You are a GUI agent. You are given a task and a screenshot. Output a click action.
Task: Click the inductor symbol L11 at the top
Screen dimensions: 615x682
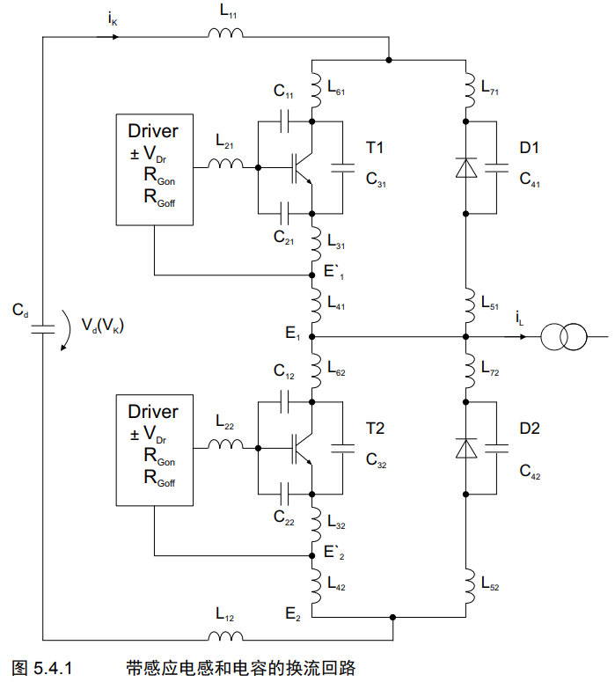[x=225, y=33]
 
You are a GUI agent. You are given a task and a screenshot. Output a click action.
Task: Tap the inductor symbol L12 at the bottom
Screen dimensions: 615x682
[x=225, y=636]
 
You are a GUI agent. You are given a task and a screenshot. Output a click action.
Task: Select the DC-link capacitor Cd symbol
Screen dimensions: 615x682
[x=42, y=329]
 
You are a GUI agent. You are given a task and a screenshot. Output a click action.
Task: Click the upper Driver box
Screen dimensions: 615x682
[x=154, y=170]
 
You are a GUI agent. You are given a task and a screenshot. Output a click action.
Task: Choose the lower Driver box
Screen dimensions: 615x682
[x=154, y=451]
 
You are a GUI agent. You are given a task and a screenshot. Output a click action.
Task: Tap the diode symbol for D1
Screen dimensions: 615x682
[x=465, y=167]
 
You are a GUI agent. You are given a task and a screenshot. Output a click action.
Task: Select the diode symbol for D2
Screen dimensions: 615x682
[x=465, y=448]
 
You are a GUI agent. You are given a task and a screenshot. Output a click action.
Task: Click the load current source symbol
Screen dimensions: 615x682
[x=564, y=337]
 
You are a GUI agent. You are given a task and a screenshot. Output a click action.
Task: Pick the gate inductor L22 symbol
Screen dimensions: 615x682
[x=225, y=444]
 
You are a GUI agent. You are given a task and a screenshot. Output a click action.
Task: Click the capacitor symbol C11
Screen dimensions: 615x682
[x=285, y=121]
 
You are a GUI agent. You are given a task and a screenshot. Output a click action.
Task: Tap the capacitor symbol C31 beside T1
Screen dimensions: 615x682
[x=343, y=168]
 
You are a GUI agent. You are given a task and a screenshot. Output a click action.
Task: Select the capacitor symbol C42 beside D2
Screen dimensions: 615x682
[x=496, y=449]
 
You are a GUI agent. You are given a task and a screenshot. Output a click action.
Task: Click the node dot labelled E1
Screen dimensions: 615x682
[x=311, y=337]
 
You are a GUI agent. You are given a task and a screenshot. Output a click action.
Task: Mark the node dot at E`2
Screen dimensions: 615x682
[x=311, y=555]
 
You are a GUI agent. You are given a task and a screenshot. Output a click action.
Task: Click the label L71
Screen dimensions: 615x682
[x=490, y=87]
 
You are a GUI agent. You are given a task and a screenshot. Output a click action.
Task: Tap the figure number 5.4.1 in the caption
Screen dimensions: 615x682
[x=53, y=668]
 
